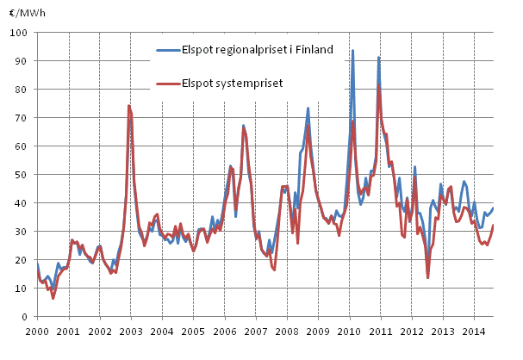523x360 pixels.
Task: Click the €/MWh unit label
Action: tap(22, 12)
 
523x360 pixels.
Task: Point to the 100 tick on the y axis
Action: tap(21, 32)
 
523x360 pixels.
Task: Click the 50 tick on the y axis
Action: tap(23, 174)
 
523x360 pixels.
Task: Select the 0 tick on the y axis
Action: tap(27, 316)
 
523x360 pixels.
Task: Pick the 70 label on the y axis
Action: tap(23, 117)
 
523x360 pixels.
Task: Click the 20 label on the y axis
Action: tap(23, 259)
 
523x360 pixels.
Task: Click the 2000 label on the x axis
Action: tap(37, 331)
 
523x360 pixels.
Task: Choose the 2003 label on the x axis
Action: tap(131, 331)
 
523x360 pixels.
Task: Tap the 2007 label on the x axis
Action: tap(256, 331)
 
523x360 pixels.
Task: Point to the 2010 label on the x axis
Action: tap(349, 331)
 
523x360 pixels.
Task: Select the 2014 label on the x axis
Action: tap(474, 331)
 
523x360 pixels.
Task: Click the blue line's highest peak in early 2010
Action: tap(352, 50)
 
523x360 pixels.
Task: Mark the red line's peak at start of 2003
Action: tap(128, 105)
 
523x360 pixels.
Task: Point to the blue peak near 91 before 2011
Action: tap(378, 57)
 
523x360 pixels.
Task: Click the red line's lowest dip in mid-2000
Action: tap(53, 298)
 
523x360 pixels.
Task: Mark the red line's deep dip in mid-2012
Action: tap(427, 277)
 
